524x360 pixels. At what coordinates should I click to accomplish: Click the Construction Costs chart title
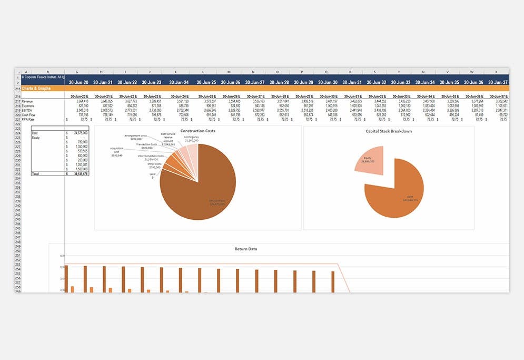coord(197,131)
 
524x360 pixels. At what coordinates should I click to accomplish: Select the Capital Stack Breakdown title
coord(388,131)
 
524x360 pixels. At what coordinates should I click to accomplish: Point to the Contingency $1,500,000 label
coord(192,139)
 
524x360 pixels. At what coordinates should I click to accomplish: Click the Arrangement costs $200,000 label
coord(136,137)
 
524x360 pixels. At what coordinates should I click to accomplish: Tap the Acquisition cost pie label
coord(117,152)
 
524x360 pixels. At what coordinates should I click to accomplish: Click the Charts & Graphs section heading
coord(36,88)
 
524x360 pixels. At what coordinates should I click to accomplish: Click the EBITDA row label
coord(27,110)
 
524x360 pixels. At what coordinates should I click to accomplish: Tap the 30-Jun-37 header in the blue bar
coord(497,82)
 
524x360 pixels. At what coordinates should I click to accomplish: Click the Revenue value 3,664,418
coord(80,101)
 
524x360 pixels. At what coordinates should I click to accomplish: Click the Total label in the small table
coord(36,173)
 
